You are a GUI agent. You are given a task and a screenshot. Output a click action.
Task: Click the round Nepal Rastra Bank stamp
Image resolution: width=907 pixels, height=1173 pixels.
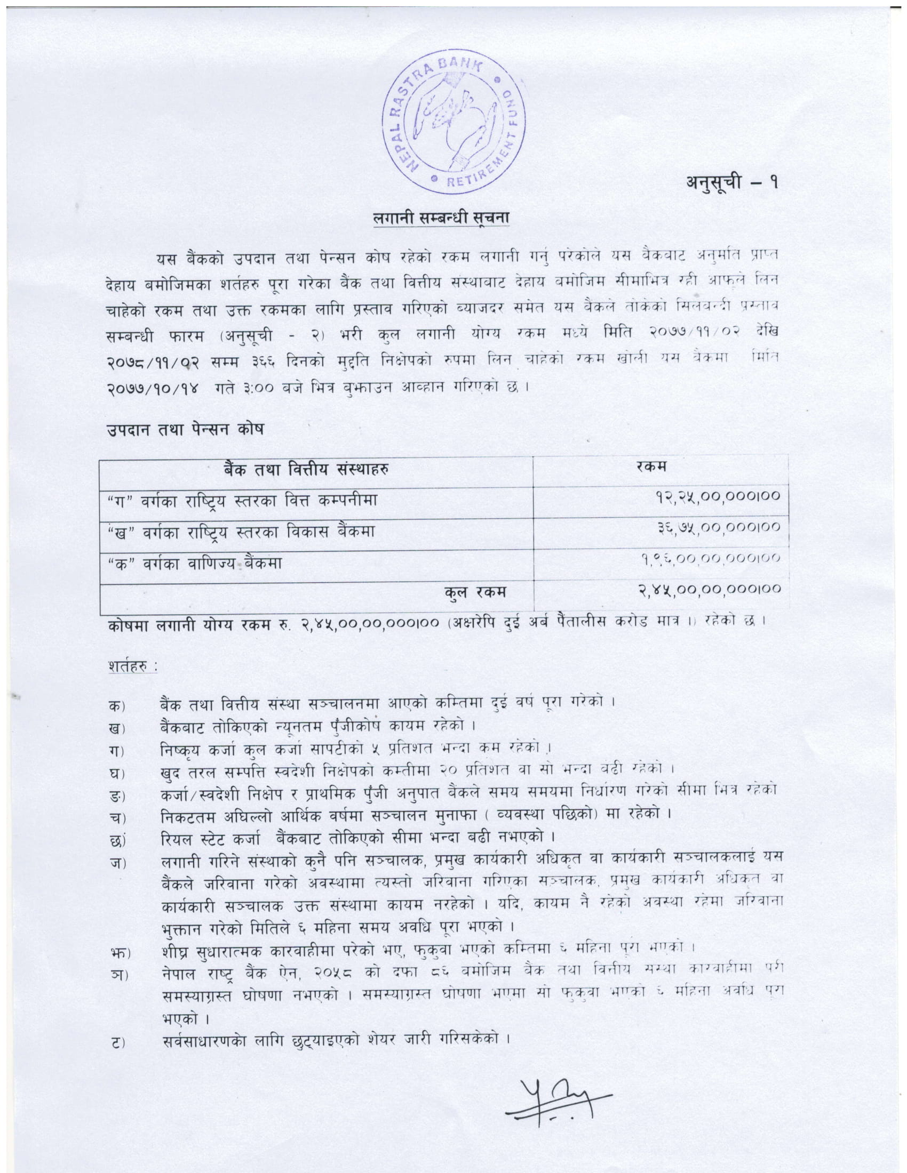point(454,126)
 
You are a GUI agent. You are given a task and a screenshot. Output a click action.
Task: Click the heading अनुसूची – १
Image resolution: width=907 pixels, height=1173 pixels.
point(732,183)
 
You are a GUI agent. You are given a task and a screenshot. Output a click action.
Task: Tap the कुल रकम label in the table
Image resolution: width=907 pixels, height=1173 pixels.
point(475,592)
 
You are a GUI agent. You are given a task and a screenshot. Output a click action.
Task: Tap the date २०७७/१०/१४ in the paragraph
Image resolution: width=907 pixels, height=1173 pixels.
point(153,387)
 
